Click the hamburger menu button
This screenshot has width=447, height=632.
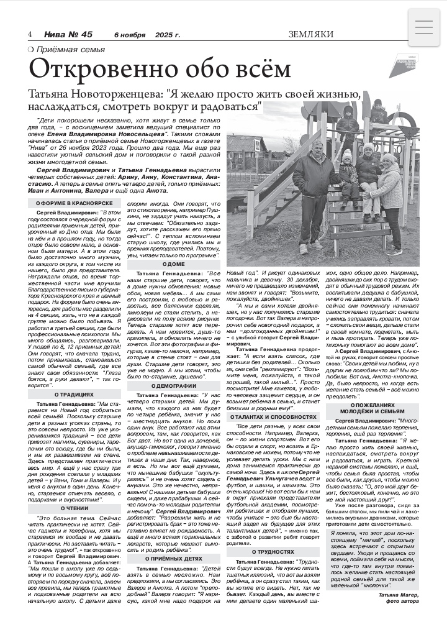pyautogui.click(x=423, y=28)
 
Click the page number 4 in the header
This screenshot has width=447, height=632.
pyautogui.click(x=30, y=34)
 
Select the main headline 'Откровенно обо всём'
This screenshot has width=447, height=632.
pyautogui.click(x=160, y=70)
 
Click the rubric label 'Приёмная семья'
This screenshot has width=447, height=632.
pyautogui.click(x=70, y=49)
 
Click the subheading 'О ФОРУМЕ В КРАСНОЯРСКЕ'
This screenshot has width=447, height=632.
pyautogui.click(x=74, y=204)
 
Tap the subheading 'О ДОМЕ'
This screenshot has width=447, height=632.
pyautogui.click(x=174, y=264)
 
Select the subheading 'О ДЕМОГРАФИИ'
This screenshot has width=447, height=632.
pyautogui.click(x=174, y=386)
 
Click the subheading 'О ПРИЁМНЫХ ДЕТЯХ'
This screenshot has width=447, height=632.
pyautogui.click(x=174, y=541)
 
